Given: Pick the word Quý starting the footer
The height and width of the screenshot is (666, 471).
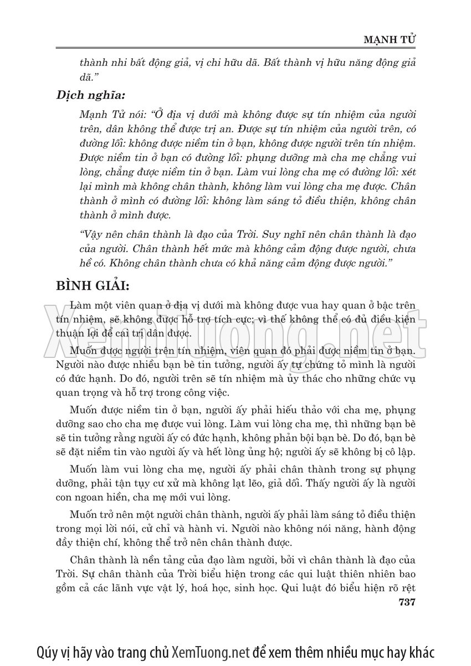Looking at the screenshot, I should point(47,650).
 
